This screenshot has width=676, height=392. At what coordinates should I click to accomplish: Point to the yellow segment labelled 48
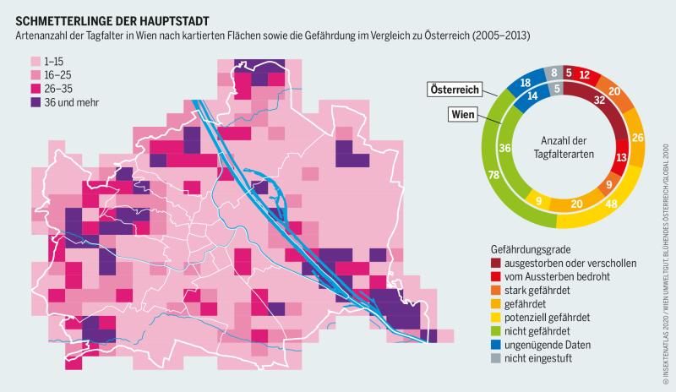click(609, 204)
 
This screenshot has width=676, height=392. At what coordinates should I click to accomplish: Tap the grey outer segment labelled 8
click(554, 73)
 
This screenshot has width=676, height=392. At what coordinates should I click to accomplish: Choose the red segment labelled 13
click(622, 157)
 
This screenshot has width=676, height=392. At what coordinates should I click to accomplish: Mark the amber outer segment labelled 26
click(638, 138)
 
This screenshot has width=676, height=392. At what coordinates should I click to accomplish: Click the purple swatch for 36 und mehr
click(35, 102)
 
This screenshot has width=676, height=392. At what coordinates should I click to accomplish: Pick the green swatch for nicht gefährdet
click(496, 330)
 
